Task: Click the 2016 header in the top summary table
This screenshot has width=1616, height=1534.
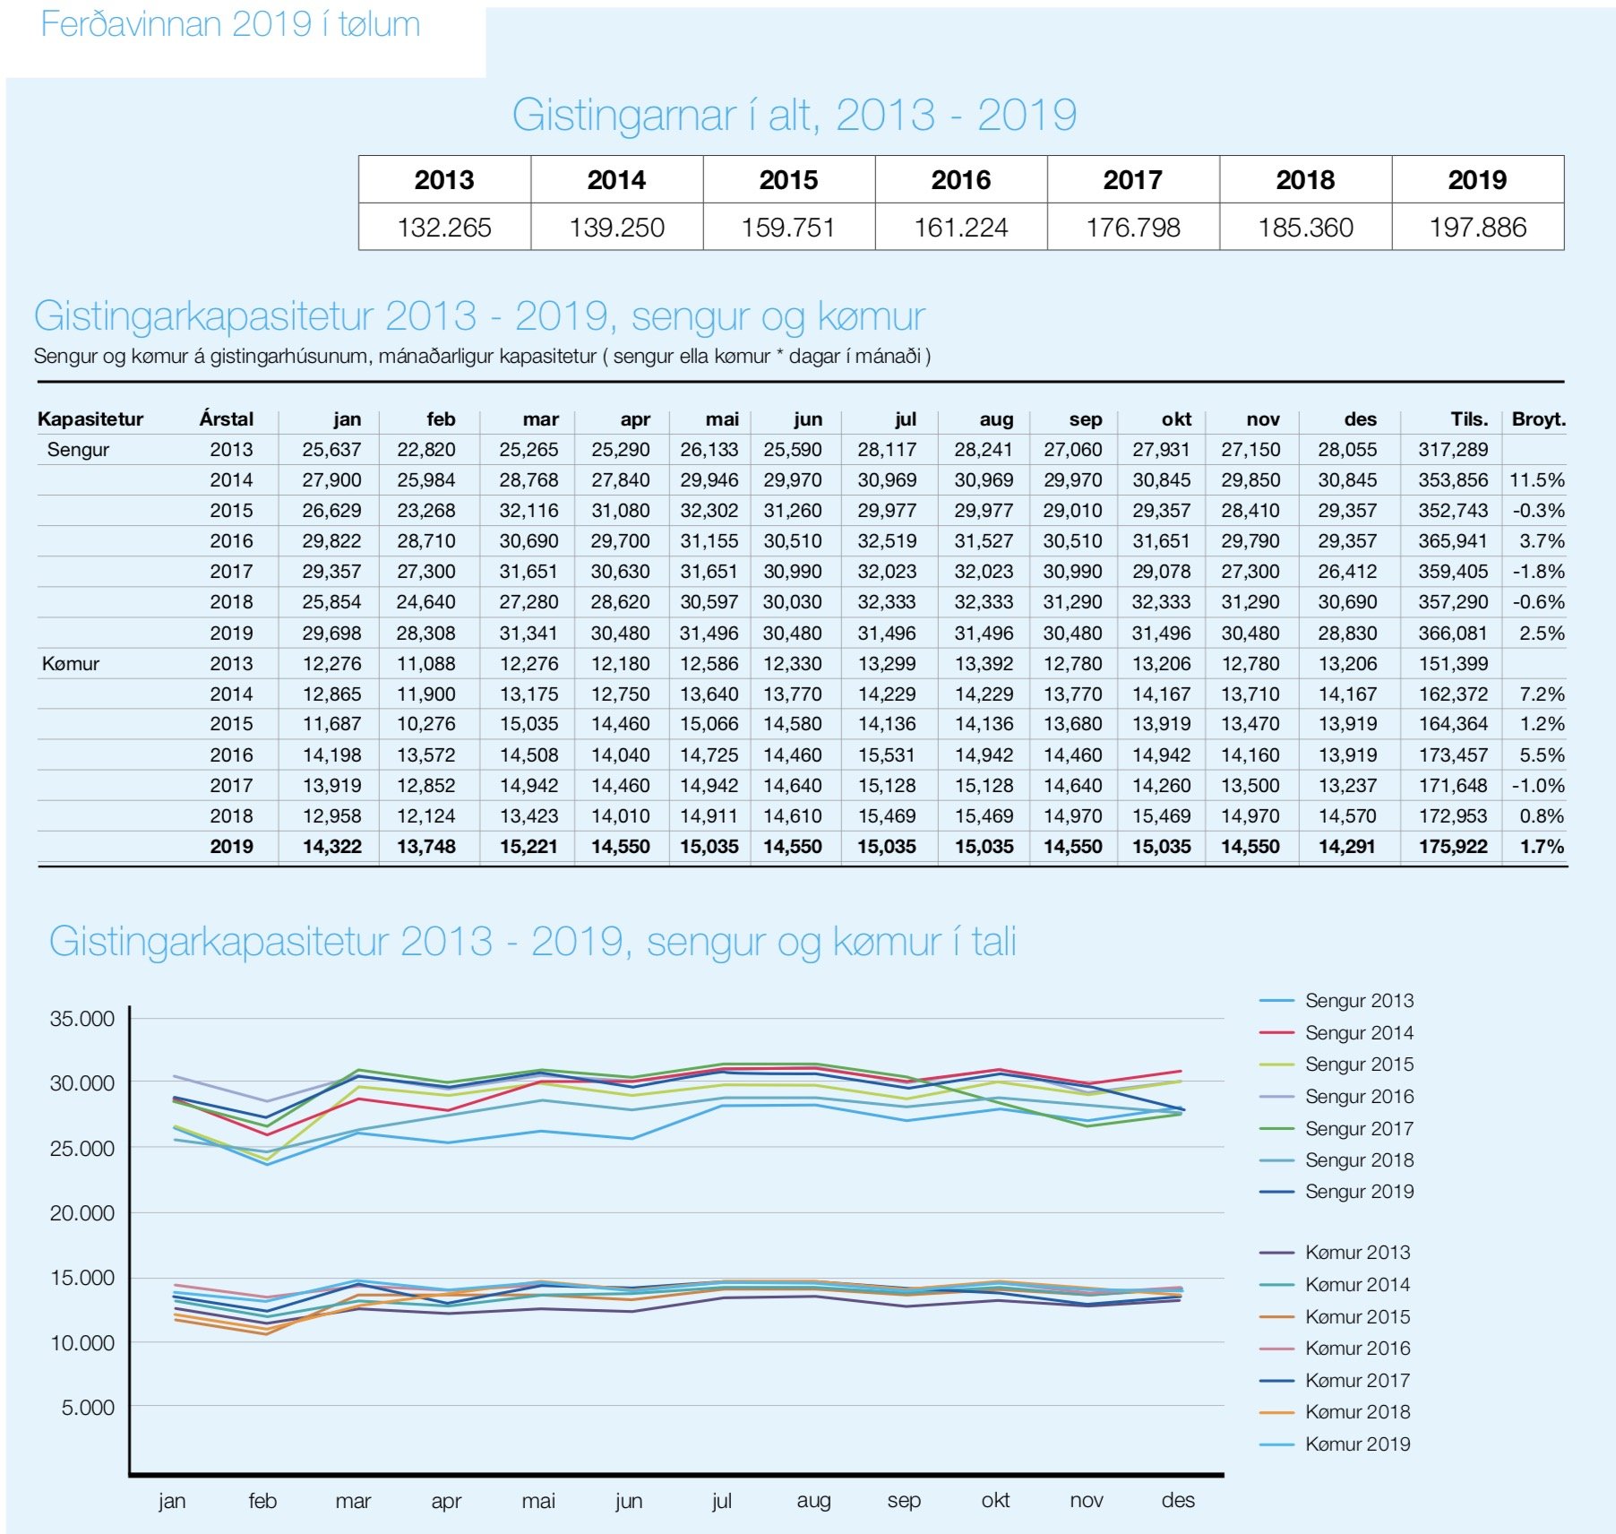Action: point(960,180)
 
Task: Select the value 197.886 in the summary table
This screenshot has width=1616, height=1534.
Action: point(1477,228)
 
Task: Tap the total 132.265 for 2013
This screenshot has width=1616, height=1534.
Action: point(444,228)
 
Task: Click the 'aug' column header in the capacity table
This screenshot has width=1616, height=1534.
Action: point(996,419)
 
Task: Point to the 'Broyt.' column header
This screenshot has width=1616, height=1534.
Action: point(1539,419)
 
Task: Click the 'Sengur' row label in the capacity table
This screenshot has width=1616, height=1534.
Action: point(78,450)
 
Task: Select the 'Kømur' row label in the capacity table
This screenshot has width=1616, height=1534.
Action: point(71,664)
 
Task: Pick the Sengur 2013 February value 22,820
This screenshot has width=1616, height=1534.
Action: point(426,450)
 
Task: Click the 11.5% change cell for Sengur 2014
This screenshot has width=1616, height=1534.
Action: point(1537,480)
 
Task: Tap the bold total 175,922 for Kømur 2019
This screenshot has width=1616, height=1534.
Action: point(1453,847)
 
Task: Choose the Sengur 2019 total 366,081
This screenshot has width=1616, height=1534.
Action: point(1453,633)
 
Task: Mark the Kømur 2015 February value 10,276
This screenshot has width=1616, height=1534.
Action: point(426,724)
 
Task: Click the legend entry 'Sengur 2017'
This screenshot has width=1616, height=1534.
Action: point(1359,1129)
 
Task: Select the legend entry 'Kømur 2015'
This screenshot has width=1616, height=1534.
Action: point(1357,1317)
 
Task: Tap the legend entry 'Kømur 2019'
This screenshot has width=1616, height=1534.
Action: point(1357,1444)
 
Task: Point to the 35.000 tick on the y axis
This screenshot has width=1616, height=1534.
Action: point(82,1019)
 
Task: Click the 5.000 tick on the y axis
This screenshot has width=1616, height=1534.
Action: point(88,1408)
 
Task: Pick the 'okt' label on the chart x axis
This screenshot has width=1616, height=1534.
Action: point(995,1500)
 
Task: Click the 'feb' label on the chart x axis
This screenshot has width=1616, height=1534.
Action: point(262,1500)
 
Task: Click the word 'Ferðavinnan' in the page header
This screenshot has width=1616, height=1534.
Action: point(132,24)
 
